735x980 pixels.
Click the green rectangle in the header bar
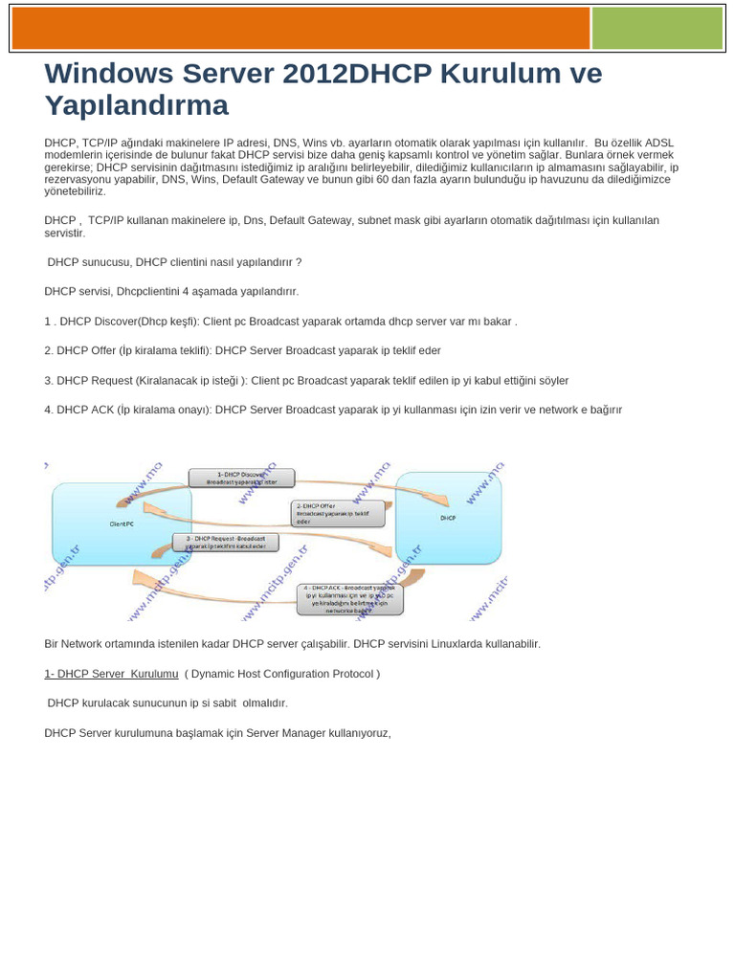click(657, 29)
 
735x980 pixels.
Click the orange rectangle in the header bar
click(301, 29)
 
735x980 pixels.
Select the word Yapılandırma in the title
click(137, 105)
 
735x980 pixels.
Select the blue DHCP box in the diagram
click(448, 517)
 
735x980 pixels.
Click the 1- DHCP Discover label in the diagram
click(240, 478)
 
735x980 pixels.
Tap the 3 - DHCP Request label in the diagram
click(226, 543)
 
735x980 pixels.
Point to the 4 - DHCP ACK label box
click(350, 599)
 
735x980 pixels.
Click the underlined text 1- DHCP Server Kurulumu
click(111, 674)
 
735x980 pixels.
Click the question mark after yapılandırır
click(299, 261)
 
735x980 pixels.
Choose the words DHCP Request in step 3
click(94, 380)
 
